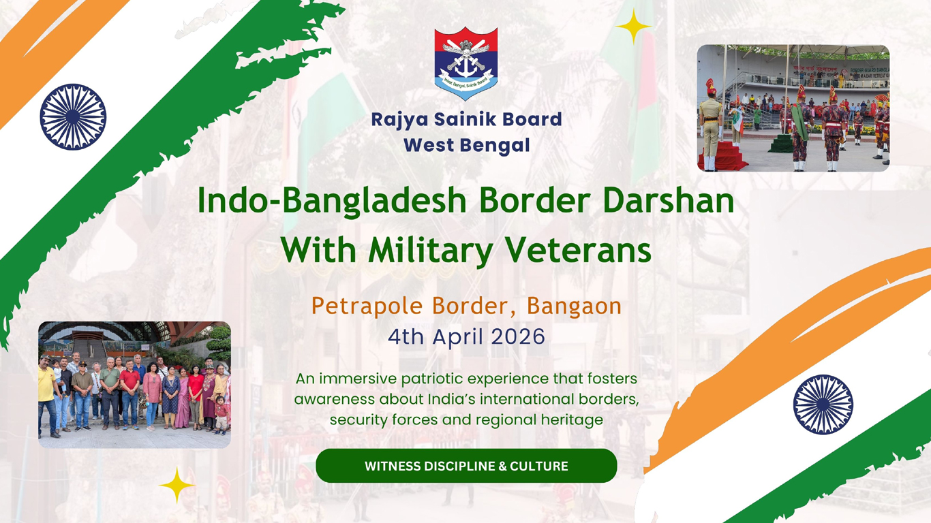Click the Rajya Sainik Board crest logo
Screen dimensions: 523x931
point(466,63)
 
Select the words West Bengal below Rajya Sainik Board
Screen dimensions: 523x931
point(466,145)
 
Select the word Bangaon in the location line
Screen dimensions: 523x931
point(574,306)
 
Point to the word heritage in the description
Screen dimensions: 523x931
point(570,419)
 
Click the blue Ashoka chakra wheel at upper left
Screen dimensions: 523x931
point(73,116)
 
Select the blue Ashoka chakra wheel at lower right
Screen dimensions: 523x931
point(823,405)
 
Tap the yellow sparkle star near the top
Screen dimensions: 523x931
point(634,27)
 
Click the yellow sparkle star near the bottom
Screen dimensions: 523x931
point(177,485)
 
